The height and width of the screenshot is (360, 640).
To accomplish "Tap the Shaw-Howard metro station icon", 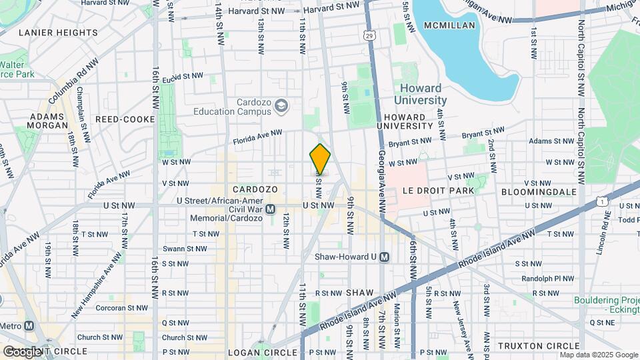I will [384, 257].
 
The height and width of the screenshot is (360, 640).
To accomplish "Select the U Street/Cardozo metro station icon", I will [271, 209].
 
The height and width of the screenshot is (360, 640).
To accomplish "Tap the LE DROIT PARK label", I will [438, 191].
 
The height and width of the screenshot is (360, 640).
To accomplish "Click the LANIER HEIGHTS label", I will [58, 32].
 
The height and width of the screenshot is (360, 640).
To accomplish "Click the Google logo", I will [22, 351].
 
